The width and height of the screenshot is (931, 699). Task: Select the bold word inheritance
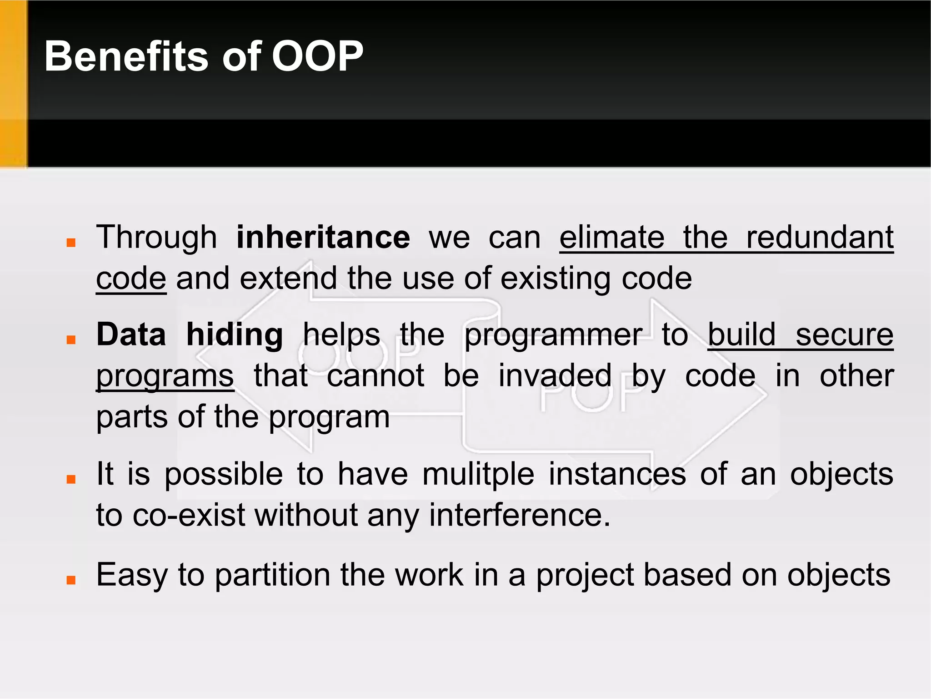[x=323, y=238]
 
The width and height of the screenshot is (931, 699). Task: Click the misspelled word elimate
[x=612, y=238]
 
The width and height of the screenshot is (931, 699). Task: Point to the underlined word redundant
[x=820, y=238]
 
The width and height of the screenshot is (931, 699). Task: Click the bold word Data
[x=131, y=335]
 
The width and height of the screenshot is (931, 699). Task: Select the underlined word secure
[x=844, y=335]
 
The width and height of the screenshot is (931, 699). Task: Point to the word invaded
[x=555, y=376]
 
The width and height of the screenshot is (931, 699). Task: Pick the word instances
[x=617, y=474]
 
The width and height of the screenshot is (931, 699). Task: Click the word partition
[x=272, y=575]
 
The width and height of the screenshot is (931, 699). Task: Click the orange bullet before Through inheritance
[x=71, y=242]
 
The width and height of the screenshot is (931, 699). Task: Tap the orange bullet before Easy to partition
[x=71, y=580]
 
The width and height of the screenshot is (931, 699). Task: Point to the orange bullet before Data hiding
[x=71, y=339]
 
